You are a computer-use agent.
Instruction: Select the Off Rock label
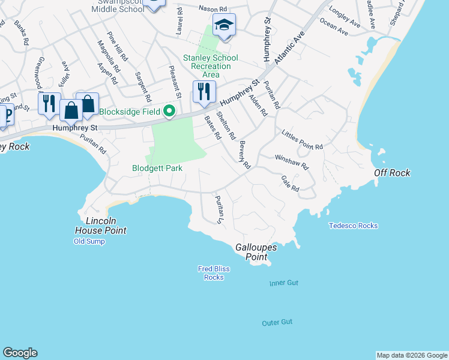click(x=392, y=173)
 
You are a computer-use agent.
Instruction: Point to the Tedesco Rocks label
click(x=353, y=226)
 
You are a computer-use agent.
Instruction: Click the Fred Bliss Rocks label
click(x=214, y=273)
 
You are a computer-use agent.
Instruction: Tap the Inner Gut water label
click(x=283, y=283)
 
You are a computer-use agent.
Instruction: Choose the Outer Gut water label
click(x=277, y=322)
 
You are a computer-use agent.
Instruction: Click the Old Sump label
click(x=89, y=241)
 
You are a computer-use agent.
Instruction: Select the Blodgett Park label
click(x=157, y=169)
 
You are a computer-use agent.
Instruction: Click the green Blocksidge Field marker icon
click(x=170, y=111)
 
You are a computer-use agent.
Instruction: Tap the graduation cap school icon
click(x=224, y=25)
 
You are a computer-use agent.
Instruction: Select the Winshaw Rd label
click(x=291, y=161)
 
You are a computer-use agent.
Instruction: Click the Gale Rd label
click(x=290, y=184)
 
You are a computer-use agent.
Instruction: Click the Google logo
click(x=20, y=353)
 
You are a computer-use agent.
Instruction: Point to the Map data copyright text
click(x=411, y=355)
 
